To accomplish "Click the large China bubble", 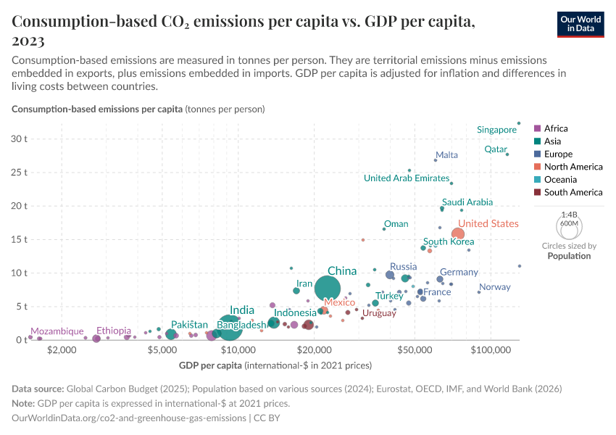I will (x=328, y=289).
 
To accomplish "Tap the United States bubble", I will (x=458, y=233).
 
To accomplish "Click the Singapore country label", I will (x=496, y=130).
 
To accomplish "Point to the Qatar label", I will (x=496, y=149).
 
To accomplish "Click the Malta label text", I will (x=446, y=154).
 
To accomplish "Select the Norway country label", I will (x=495, y=287).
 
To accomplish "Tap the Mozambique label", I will (x=57, y=331).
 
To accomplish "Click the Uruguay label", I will (x=379, y=313).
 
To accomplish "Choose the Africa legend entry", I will (x=557, y=128).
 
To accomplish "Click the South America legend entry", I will (x=573, y=192).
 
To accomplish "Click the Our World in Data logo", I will (x=580, y=24).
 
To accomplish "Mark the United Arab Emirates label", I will (x=407, y=178).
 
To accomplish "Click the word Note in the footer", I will (x=25, y=403).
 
